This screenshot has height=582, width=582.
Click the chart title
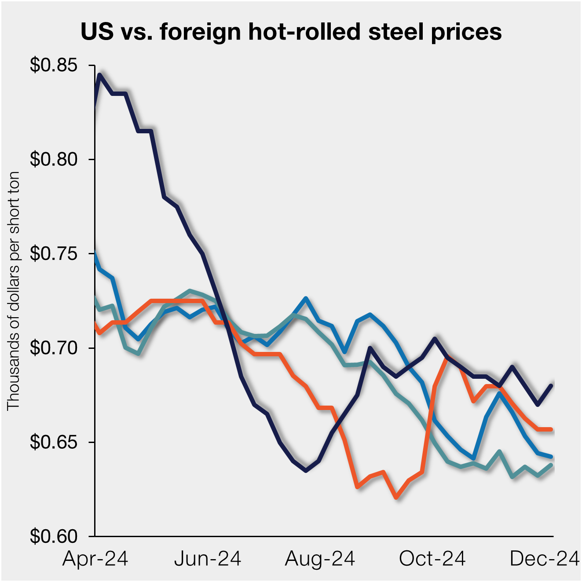291,32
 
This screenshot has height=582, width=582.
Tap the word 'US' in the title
97,32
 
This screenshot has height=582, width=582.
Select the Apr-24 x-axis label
95,559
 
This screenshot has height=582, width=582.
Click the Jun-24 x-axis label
208,559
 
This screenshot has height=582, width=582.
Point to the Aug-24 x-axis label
320,559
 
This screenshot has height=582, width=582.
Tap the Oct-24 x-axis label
432,559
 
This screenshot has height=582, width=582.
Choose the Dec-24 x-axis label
544,559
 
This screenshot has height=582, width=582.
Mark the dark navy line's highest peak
100,75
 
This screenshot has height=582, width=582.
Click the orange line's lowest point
397,498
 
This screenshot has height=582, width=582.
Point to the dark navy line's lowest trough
306,471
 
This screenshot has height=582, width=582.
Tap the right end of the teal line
551,465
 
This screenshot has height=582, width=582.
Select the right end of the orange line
551,429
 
